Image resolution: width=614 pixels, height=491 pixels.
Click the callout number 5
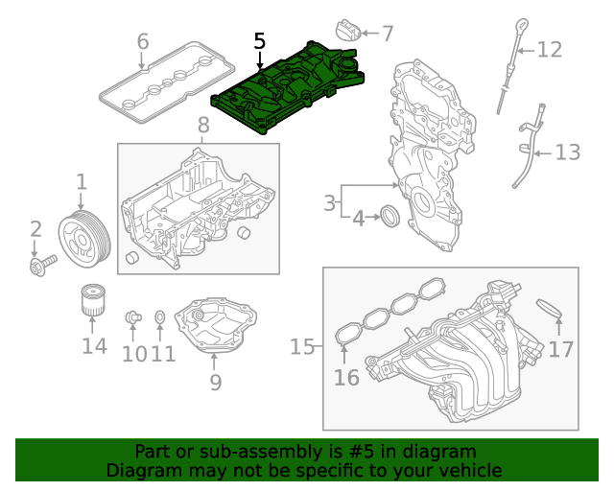point(259,41)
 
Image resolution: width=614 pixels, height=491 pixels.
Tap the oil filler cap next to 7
point(347,30)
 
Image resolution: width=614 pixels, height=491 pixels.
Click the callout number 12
point(549,49)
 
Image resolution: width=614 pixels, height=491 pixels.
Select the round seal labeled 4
point(390,216)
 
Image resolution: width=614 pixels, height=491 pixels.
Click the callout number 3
point(329,203)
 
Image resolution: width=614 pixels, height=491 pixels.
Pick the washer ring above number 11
point(161,316)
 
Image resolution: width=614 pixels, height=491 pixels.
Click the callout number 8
point(202,125)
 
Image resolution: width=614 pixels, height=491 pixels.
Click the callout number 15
point(302,346)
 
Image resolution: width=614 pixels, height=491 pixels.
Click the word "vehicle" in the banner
point(468,470)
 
